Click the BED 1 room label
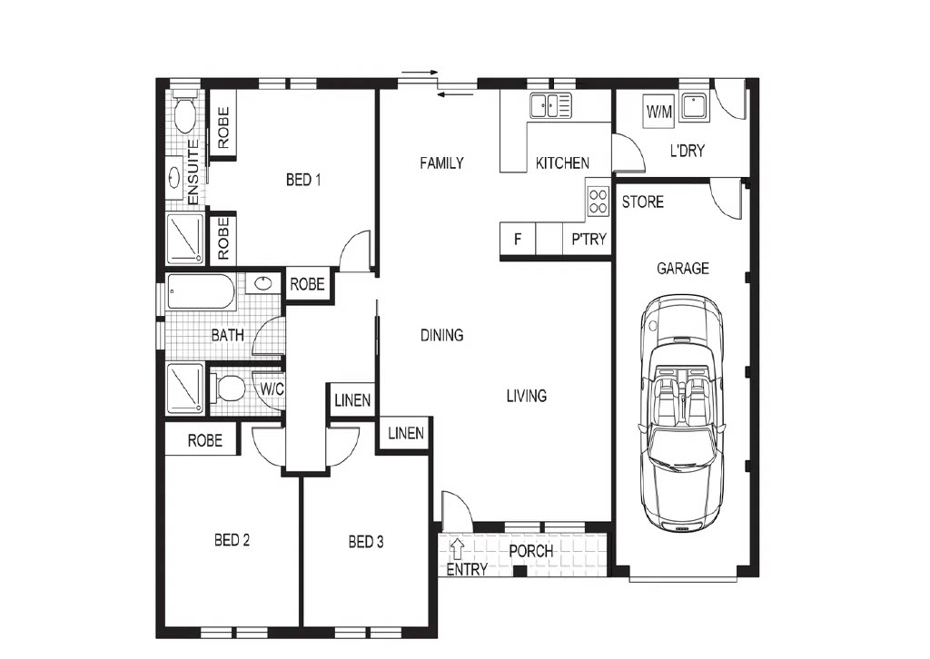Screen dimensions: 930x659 [303, 179]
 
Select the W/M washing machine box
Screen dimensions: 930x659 [659, 111]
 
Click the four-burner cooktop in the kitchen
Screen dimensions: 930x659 [598, 201]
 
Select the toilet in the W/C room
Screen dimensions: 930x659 [228, 389]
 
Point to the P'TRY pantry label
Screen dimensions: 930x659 [589, 239]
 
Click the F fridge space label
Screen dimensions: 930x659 [518, 239]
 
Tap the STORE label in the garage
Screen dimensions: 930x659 [642, 202]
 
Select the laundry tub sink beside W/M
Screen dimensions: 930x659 [693, 107]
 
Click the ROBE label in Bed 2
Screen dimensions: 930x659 [204, 440]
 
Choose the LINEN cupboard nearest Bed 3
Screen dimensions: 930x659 [406, 434]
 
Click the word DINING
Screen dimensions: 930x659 [442, 336]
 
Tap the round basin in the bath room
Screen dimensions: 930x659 [262, 284]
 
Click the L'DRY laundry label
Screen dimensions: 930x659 [687, 151]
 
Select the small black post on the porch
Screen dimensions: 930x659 [519, 571]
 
